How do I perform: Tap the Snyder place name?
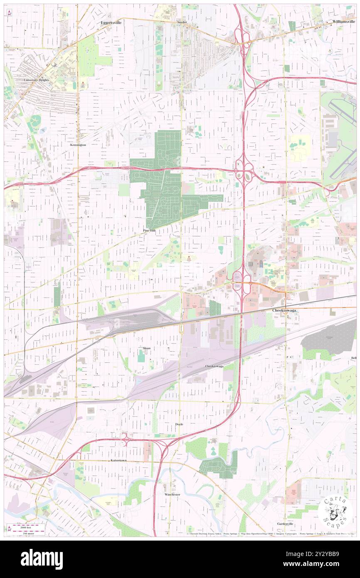pos(182,22)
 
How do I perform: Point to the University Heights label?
pos(37,79)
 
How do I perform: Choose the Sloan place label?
pos(147,348)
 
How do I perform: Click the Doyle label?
pos(179,424)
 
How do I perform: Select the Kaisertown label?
pos(118,461)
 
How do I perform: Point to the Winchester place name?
pos(172,494)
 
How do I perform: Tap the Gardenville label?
pos(286,524)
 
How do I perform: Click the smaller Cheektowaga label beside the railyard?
pos(214,366)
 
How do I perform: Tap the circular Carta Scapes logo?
pos(335,512)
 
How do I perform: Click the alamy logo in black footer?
pos(42,559)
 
